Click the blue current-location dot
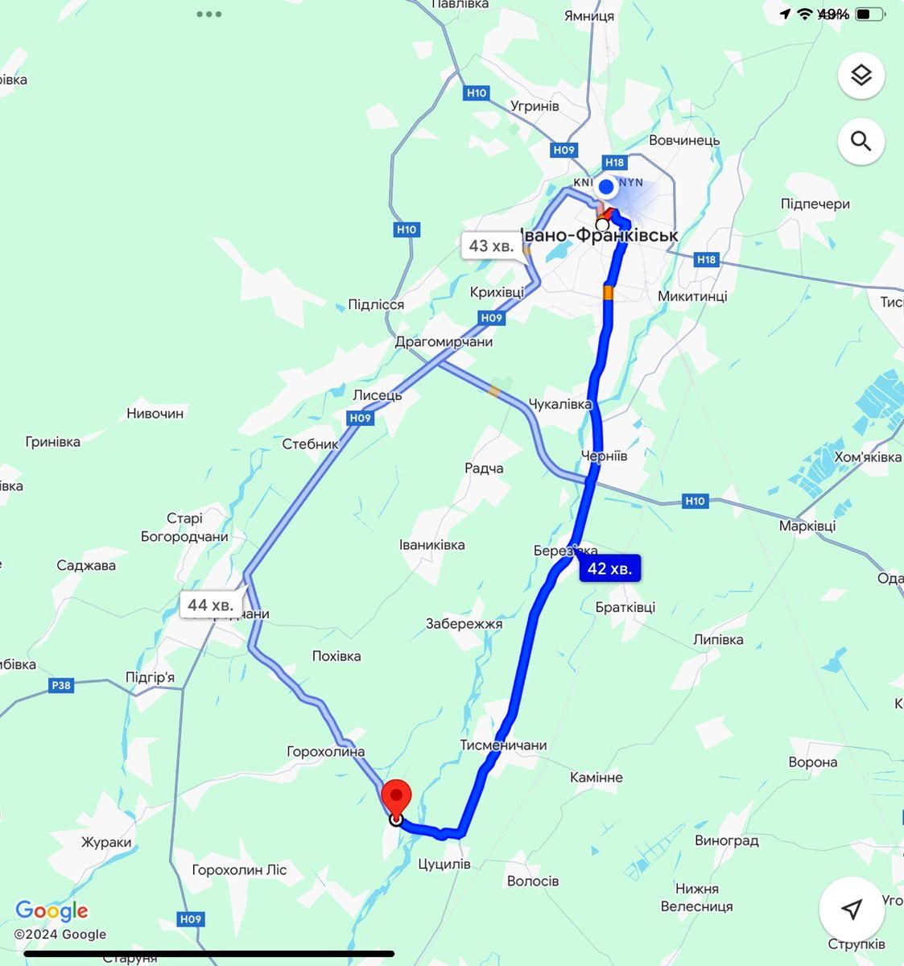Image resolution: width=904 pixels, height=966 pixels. click(x=606, y=188)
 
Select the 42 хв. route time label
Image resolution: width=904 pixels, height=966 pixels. click(x=610, y=568)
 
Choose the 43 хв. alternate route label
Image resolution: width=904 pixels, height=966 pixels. click(x=490, y=246)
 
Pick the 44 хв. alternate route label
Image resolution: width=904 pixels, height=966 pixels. click(x=210, y=605)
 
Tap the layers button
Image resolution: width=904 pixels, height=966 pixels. click(x=861, y=76)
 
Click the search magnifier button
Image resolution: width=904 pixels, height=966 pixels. click(x=861, y=142)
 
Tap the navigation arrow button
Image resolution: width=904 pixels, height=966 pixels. click(x=852, y=909)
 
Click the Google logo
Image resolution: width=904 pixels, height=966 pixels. click(x=52, y=911)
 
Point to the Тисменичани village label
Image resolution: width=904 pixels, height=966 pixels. click(x=503, y=745)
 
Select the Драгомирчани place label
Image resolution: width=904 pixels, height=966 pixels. click(x=444, y=341)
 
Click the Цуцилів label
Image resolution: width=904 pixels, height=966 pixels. click(x=444, y=864)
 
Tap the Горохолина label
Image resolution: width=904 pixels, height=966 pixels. click(x=326, y=752)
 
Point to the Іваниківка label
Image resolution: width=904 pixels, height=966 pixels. click(x=432, y=545)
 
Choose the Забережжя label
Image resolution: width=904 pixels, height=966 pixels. click(x=464, y=623)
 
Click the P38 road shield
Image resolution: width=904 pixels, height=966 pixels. click(x=60, y=686)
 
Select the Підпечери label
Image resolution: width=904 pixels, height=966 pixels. click(x=815, y=204)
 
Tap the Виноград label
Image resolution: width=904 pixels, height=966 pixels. click(x=726, y=840)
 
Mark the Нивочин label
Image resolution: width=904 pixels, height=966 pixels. click(x=155, y=414)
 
